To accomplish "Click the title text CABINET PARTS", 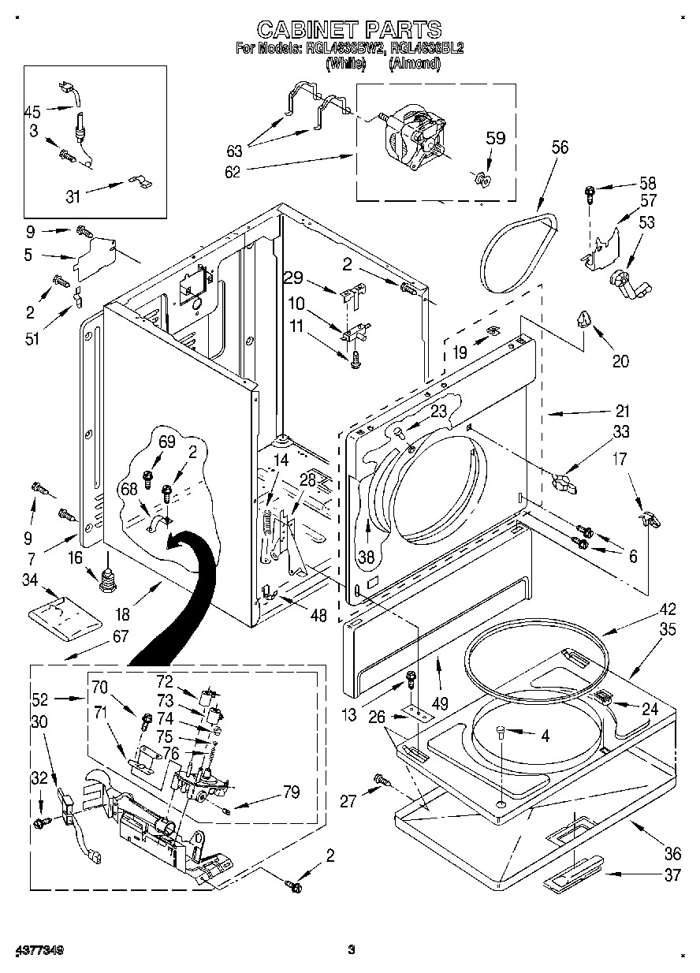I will pyautogui.click(x=349, y=30).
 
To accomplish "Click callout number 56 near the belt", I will pyautogui.click(x=560, y=147).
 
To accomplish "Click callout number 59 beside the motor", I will pyautogui.click(x=494, y=138).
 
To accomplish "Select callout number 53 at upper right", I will pyautogui.click(x=646, y=223).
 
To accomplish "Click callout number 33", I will pyautogui.click(x=620, y=431).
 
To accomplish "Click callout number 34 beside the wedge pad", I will pyautogui.click(x=30, y=581).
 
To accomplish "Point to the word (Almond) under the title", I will pyautogui.click(x=414, y=64).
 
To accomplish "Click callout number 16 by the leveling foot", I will pyautogui.click(x=75, y=558).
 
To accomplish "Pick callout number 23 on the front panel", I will pyautogui.click(x=438, y=410).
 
